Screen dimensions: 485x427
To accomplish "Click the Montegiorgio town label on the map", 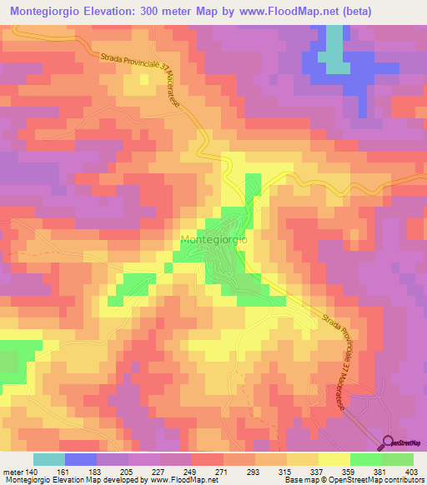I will point(213,239).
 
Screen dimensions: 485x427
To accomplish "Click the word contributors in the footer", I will point(396,480).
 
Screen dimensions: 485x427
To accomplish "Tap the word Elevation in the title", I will point(98,11).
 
